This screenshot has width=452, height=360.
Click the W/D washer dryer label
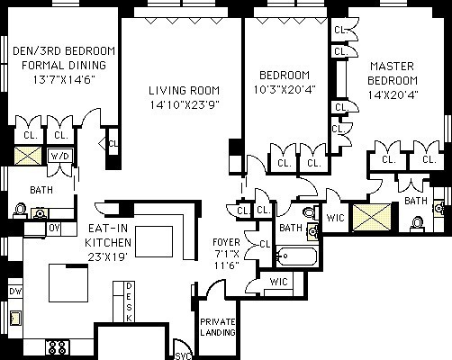pos(60,156)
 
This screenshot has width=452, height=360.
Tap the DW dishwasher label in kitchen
pos(15,291)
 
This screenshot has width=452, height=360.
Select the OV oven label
pos(54,229)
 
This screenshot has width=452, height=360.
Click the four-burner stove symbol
pos(58,347)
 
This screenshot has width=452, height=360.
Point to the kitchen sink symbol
pos(15,318)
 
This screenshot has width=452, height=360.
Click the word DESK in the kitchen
pos(129,302)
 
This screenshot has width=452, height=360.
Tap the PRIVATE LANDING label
pos(218,327)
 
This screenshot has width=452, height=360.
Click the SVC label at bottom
pos(183,356)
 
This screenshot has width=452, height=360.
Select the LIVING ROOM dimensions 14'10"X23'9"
pos(185,105)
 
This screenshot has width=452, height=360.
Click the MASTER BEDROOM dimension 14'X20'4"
pos(393,95)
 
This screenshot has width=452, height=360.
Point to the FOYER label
pos(226,242)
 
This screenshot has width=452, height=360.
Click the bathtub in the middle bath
pos(296,256)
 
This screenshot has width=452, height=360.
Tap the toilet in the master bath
pos(417,224)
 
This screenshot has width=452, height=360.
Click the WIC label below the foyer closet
pos(278,282)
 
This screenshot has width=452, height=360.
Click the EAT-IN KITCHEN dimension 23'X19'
pos(108,257)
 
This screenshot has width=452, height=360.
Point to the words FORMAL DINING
pos(64,66)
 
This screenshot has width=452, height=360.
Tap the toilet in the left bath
pos(20,210)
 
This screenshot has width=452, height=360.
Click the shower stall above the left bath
pos(28,156)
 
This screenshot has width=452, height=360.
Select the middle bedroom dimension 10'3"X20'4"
pos(285,90)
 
